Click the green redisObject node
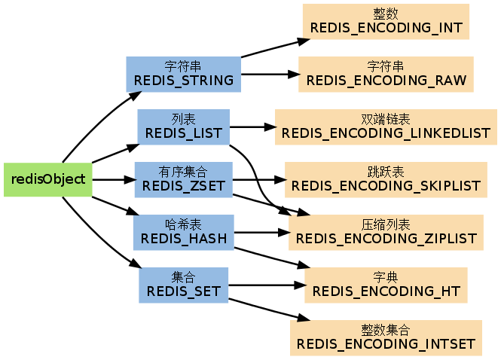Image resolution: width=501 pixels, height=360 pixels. [x=48, y=179]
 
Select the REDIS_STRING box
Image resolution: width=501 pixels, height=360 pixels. [x=183, y=73]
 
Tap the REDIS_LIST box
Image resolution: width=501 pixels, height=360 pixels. [x=183, y=127]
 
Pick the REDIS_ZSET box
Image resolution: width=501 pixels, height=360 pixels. [x=183, y=179]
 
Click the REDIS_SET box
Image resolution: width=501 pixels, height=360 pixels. [x=183, y=285]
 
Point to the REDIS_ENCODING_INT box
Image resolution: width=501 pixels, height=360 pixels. [x=386, y=21]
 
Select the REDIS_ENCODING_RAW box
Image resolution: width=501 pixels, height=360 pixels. [x=386, y=74]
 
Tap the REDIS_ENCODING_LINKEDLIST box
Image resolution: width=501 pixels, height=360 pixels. [x=386, y=127]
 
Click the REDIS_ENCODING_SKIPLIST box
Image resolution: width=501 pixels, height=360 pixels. [x=386, y=179]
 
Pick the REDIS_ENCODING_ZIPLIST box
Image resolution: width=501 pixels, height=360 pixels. [x=386, y=232]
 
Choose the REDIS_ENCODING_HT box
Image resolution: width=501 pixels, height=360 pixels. [x=386, y=285]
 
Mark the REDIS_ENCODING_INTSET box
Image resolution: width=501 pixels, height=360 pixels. [x=386, y=337]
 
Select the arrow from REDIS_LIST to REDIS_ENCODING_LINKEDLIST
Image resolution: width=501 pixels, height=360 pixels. [x=252, y=127]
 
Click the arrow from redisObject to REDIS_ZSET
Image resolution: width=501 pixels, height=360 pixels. [x=113, y=179]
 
